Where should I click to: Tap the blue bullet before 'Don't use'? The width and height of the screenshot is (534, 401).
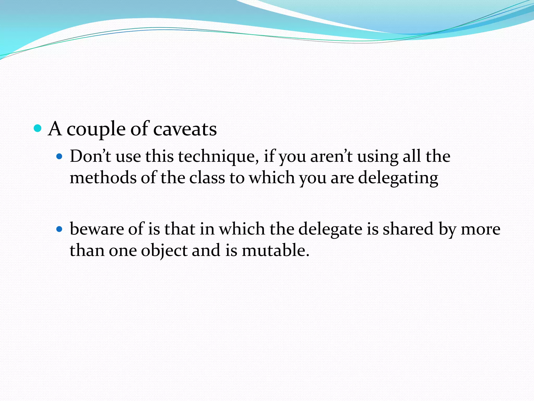[60, 156]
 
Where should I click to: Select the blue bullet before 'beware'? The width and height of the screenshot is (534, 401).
[60, 229]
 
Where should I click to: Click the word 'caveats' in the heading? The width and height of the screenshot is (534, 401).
[185, 129]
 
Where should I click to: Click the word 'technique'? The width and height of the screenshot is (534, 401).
[218, 157]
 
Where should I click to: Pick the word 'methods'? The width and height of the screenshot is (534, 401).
[103, 178]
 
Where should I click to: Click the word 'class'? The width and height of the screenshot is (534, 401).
[207, 178]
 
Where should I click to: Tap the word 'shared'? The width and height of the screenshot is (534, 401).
[408, 229]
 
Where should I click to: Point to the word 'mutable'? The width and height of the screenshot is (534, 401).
[275, 250]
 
